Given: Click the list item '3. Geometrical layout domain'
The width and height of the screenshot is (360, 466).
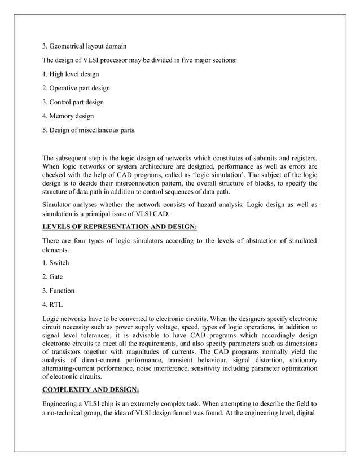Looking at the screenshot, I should tap(85, 46).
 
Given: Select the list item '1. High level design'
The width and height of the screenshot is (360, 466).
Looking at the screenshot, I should tap(71, 74).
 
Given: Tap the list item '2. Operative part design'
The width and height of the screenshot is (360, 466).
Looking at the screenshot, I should tap(76, 88).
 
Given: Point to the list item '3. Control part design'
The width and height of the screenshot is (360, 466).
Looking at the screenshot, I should tap(73, 102).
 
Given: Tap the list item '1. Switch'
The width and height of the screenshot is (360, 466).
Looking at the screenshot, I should tap(56, 262).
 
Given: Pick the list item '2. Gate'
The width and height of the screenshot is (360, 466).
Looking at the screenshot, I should tap(53, 276).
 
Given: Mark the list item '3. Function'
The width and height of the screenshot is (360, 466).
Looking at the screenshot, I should tap(59, 291).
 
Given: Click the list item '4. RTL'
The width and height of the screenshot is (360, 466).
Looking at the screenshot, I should tap(53, 305).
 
